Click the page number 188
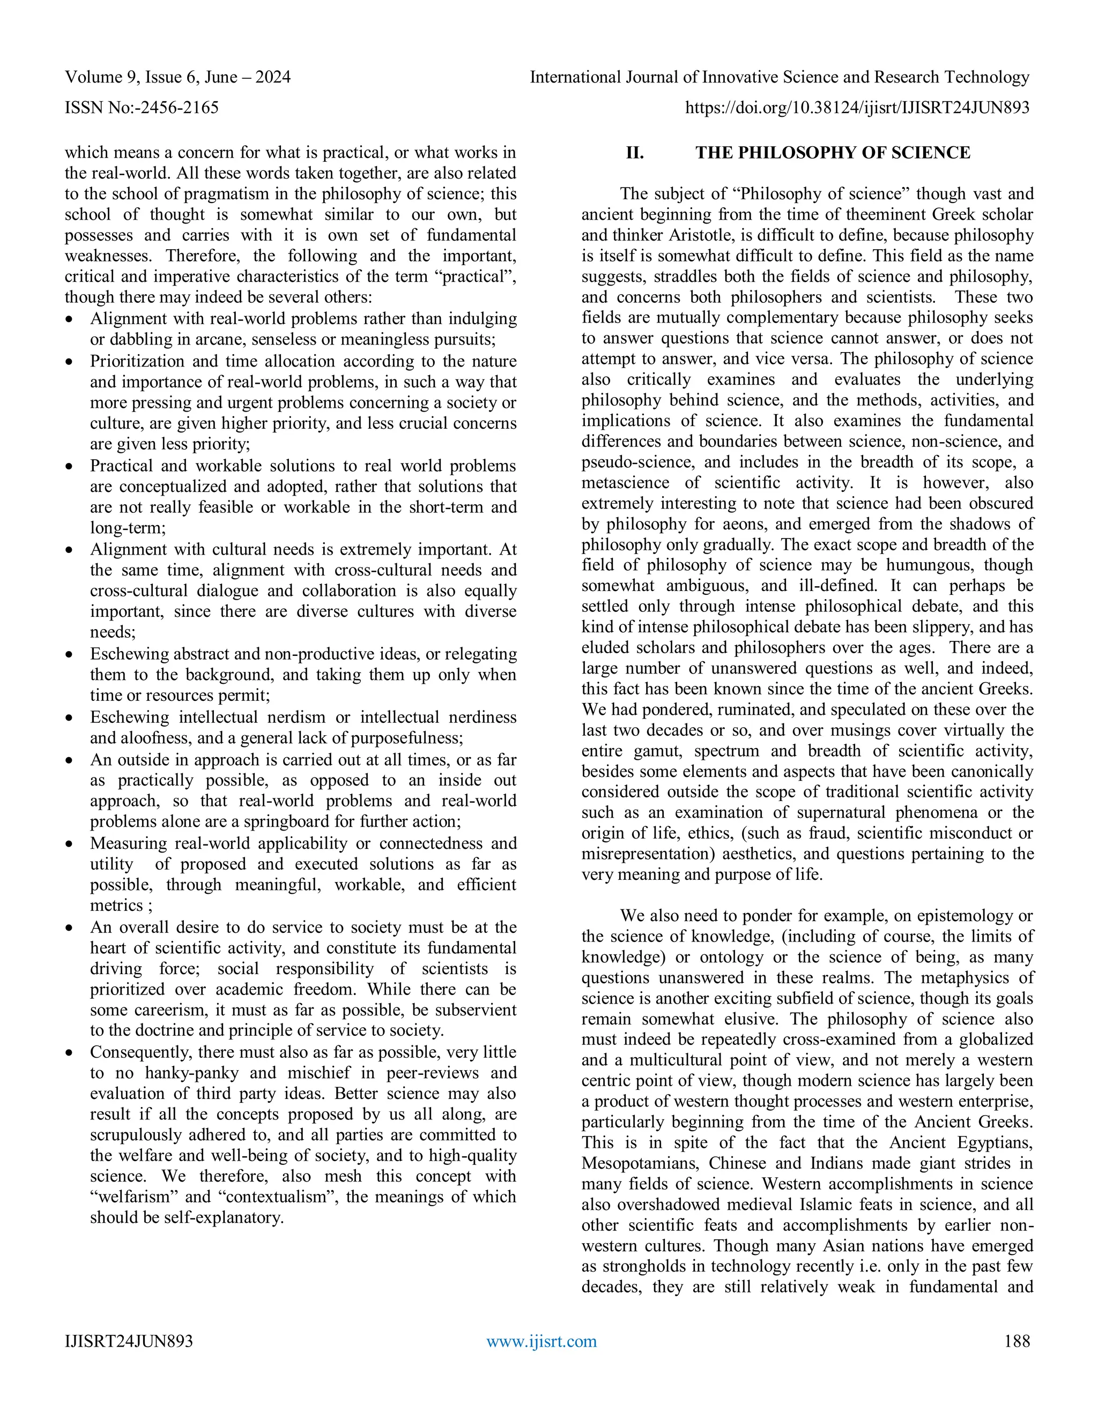[x=1017, y=1341]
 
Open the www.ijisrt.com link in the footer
[x=541, y=1341]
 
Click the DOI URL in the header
[x=857, y=107]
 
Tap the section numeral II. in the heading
[x=635, y=153]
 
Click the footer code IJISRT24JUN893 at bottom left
[x=129, y=1341]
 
